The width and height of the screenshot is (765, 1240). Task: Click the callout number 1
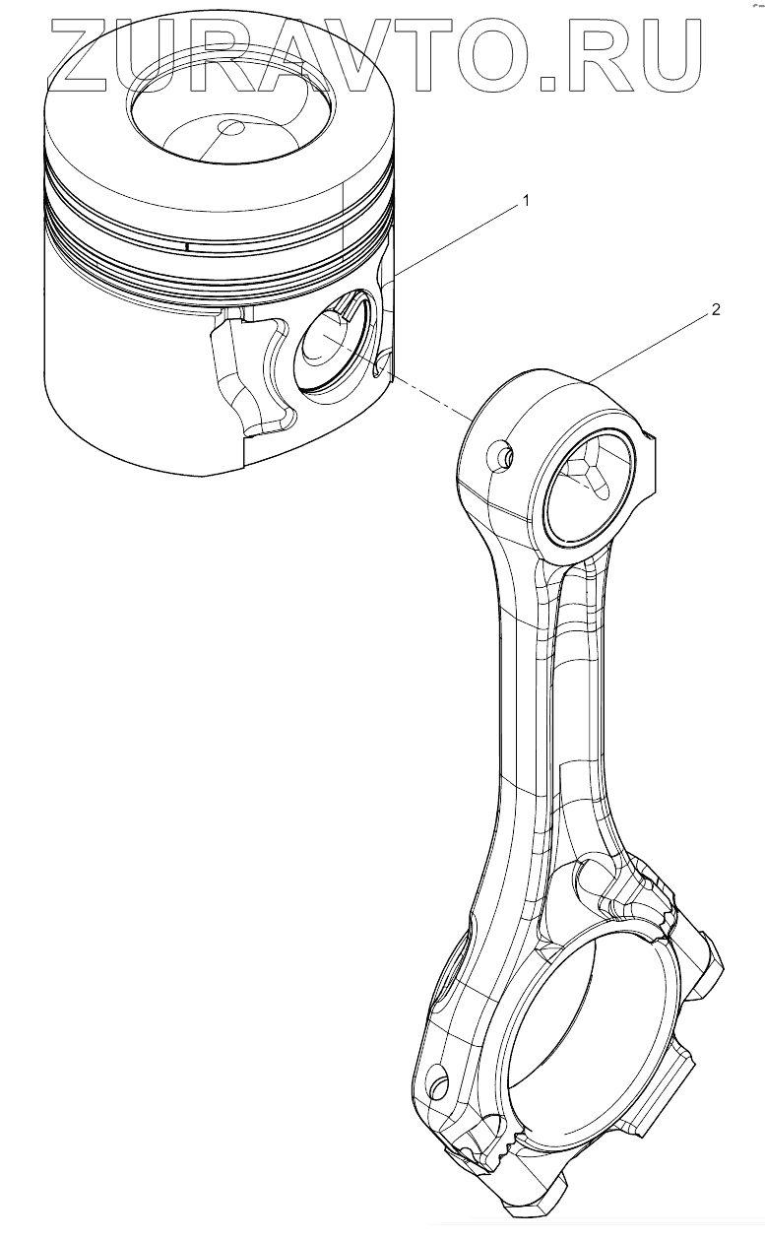click(x=526, y=201)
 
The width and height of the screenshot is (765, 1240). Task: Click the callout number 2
click(x=716, y=309)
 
